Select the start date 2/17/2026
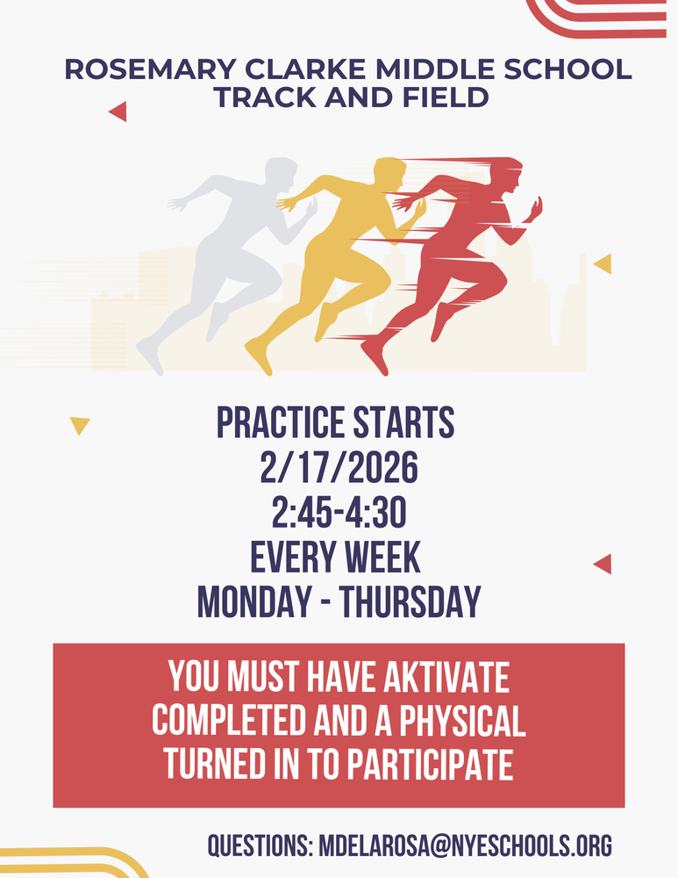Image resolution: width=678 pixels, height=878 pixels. (x=339, y=467)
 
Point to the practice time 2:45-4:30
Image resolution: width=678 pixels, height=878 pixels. (x=339, y=512)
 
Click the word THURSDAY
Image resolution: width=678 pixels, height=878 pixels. (x=410, y=602)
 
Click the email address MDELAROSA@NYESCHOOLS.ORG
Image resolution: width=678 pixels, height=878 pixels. (x=466, y=846)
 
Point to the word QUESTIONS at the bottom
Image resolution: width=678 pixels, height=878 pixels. (x=260, y=846)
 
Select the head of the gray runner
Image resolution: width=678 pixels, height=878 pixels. (x=280, y=176)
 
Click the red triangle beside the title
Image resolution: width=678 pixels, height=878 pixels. (x=118, y=112)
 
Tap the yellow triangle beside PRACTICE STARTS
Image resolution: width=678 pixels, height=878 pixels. (x=80, y=426)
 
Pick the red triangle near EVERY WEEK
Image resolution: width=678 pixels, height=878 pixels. (x=603, y=564)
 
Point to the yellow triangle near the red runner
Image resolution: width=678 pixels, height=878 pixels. (x=603, y=263)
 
